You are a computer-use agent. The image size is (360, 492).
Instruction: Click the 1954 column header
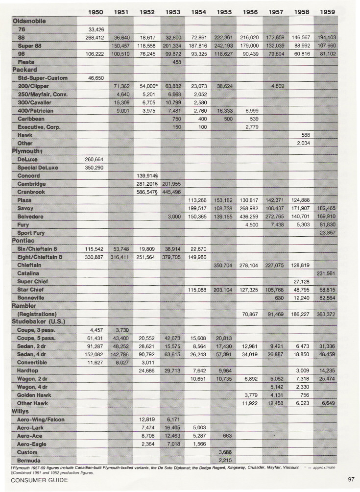(x=198, y=12)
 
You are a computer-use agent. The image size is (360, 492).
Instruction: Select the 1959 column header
(x=327, y=12)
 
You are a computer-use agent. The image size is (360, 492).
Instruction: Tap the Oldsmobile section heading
(x=28, y=22)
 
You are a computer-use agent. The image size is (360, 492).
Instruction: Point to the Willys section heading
(x=21, y=411)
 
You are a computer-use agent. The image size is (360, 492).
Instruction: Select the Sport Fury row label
(x=33, y=232)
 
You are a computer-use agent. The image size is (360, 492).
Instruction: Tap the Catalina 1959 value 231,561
(x=327, y=273)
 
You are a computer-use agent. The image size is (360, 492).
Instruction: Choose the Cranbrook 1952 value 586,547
(x=145, y=192)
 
